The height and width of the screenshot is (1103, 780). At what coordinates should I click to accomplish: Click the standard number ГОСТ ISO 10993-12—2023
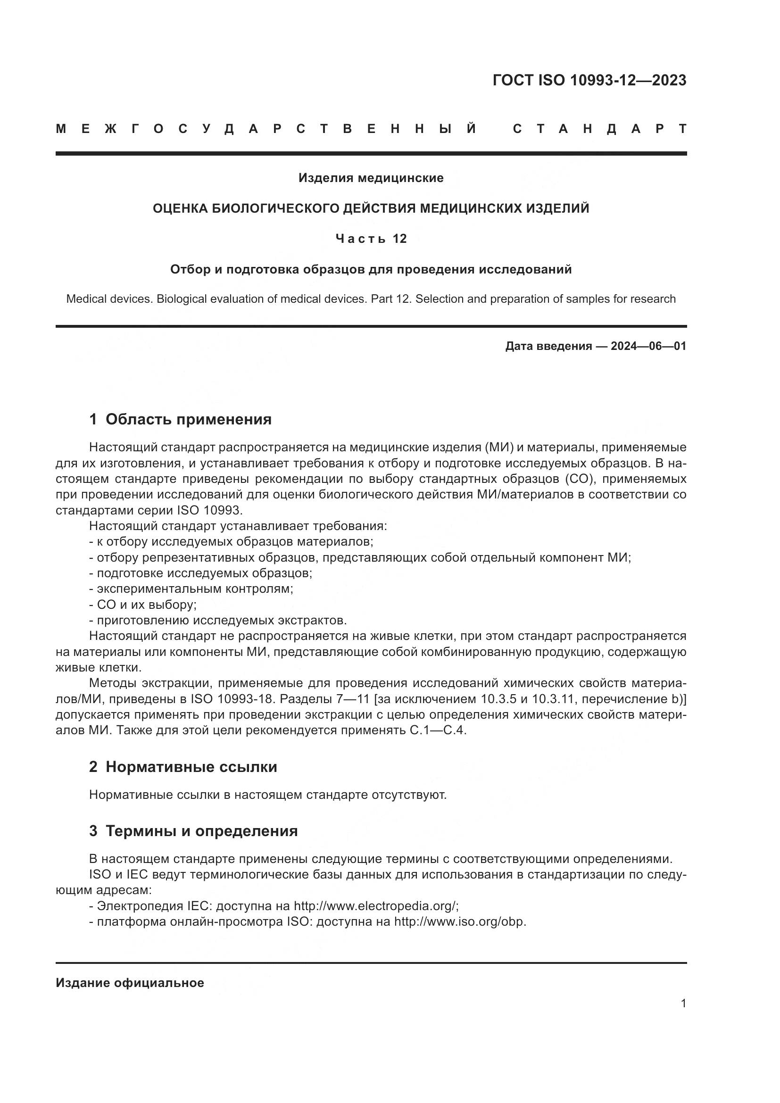coord(589,80)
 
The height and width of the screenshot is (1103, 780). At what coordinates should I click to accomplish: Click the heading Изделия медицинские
coord(371,178)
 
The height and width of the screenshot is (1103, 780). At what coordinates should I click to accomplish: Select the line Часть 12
coord(371,239)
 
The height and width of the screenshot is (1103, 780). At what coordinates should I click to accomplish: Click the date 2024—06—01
coord(648,347)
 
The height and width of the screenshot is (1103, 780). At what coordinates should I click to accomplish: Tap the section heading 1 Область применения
coord(180,419)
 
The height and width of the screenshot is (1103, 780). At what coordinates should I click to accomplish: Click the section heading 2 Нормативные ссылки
coord(183,767)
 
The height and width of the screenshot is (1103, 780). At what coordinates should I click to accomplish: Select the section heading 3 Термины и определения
coord(193,830)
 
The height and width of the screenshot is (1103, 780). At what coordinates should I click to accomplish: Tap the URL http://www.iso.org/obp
coord(460,922)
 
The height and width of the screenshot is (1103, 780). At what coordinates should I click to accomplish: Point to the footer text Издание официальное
coord(130,983)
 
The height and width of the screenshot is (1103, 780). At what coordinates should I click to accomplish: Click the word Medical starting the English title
coord(85,299)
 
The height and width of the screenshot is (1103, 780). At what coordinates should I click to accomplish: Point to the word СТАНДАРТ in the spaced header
coord(599,129)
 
